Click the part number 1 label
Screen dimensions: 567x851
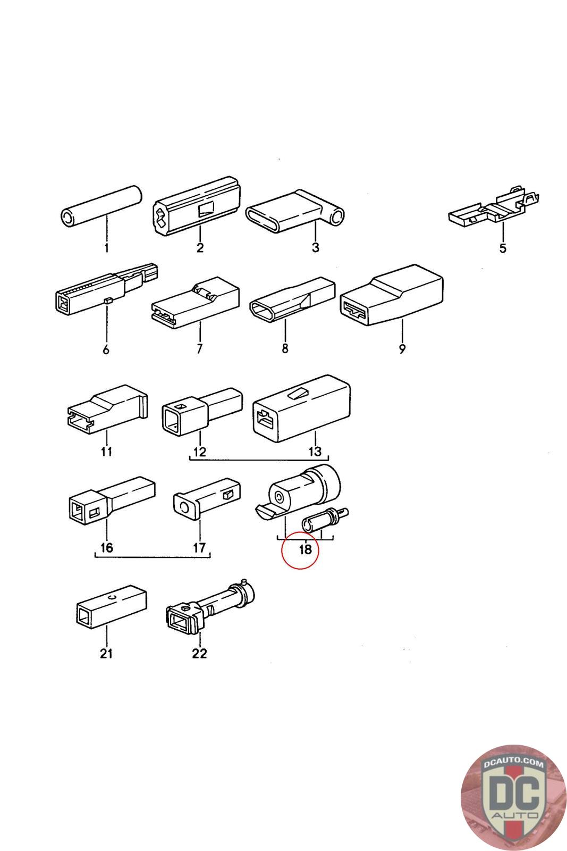(x=106, y=248)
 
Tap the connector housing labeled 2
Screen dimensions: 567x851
(x=196, y=207)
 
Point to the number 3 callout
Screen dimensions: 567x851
(x=315, y=248)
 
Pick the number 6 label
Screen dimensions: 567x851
(x=106, y=349)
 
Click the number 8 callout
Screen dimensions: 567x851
(x=285, y=349)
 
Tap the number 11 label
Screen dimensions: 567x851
(x=106, y=452)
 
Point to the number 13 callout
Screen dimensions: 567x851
(x=315, y=452)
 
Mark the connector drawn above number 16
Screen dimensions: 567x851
(x=112, y=499)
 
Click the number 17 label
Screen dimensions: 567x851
(x=199, y=548)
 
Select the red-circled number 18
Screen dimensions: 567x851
(x=305, y=549)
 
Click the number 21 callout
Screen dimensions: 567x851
(x=106, y=653)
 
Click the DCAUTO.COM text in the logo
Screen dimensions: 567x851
(x=513, y=764)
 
